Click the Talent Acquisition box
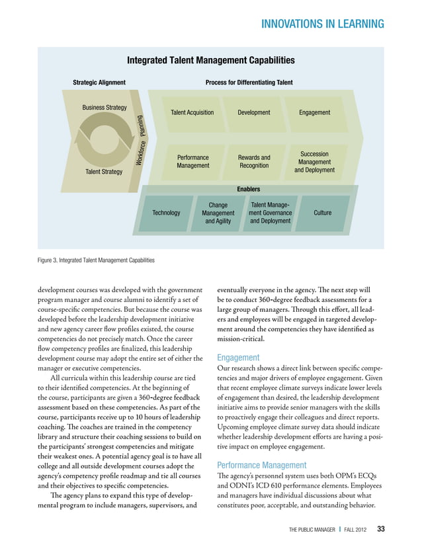pyautogui.click(x=192, y=113)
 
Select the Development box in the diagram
pyautogui.click(x=254, y=113)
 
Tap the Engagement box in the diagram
pyautogui.click(x=314, y=113)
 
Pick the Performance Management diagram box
pyautogui.click(x=192, y=162)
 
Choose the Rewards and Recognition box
pyautogui.click(x=254, y=162)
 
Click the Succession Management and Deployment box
pyautogui.click(x=314, y=162)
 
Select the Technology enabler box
pyautogui.click(x=166, y=213)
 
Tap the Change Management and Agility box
pyautogui.click(x=218, y=213)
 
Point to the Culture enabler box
pyautogui.click(x=323, y=213)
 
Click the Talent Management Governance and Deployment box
pyautogui.click(x=270, y=213)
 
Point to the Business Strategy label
pyautogui.click(x=105, y=107)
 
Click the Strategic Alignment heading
pyautogui.click(x=99, y=83)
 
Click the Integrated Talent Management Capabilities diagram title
pyautogui.click(x=210, y=61)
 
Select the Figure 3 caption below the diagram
pyautogui.click(x=96, y=260)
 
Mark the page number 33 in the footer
pyautogui.click(x=381, y=529)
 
